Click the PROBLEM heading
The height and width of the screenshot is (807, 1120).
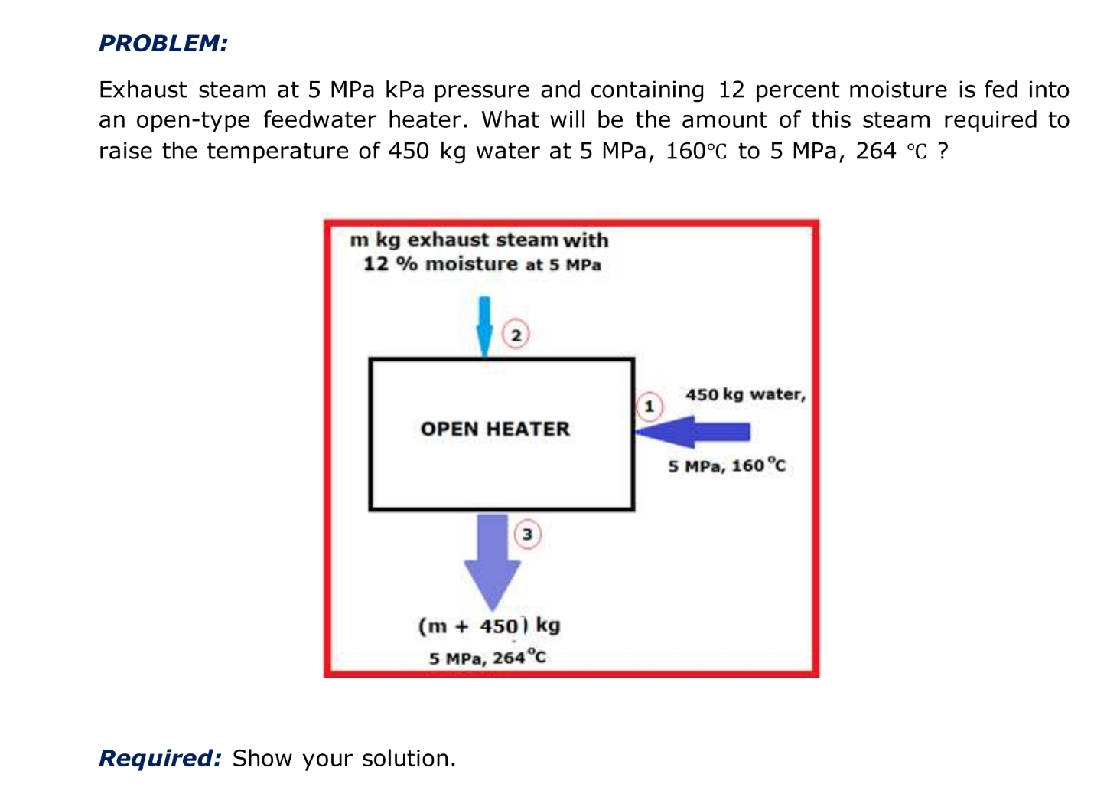163,44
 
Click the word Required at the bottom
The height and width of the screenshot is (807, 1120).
160,758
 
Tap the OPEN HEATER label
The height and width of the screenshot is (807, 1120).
495,429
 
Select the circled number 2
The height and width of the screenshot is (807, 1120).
516,335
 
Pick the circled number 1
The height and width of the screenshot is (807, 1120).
650,406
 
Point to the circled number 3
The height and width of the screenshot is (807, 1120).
527,534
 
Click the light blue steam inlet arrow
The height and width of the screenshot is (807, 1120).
484,325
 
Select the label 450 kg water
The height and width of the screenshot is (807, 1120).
745,395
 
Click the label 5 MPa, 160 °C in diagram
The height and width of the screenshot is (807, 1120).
726,466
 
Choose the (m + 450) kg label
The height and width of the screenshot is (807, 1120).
489,626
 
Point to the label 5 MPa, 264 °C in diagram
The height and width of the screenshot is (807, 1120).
487,658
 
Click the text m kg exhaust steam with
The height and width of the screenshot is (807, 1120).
479,240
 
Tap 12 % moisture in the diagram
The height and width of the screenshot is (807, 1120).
440,264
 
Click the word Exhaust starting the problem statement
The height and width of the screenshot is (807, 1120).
142,90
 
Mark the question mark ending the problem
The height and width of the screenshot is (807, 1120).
943,151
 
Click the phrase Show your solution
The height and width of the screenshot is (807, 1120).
343,758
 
